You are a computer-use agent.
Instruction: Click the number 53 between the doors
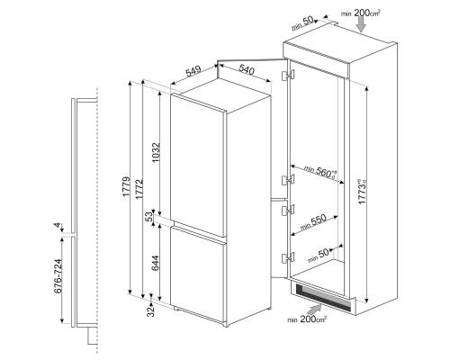pos(149,218)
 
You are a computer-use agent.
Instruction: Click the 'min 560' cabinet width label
pos(320,173)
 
